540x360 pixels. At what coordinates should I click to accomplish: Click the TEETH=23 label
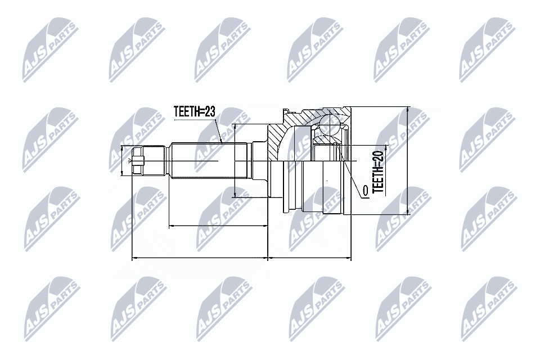(x=194, y=112)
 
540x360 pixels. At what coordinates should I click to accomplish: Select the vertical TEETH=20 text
(x=378, y=171)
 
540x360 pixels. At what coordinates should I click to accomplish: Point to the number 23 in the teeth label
(x=209, y=112)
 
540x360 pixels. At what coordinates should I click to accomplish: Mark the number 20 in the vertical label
(x=378, y=157)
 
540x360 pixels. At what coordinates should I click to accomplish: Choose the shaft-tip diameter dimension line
(x=123, y=161)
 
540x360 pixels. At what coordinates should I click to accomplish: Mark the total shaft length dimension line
(x=199, y=259)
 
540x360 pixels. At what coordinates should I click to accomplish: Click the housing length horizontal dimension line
(x=310, y=259)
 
